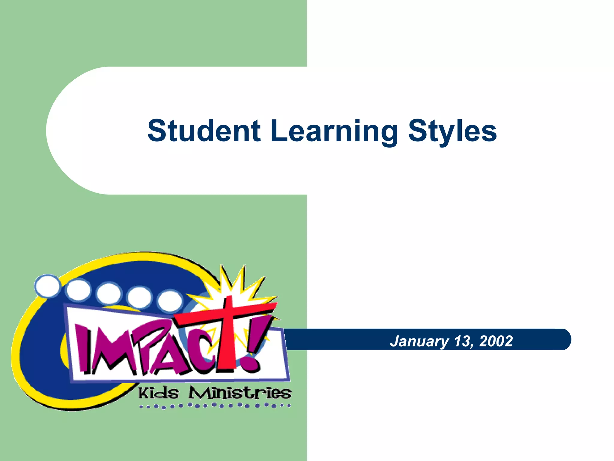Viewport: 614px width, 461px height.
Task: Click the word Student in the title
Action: click(204, 131)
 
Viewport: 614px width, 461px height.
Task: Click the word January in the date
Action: click(419, 342)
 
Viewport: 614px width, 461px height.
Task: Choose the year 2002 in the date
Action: click(496, 341)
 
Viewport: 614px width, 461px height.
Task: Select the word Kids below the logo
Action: click(159, 393)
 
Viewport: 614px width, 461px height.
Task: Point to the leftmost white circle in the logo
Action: click(47, 286)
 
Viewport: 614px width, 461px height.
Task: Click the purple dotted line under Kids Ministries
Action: click(215, 406)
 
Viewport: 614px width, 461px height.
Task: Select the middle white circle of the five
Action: click(109, 294)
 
